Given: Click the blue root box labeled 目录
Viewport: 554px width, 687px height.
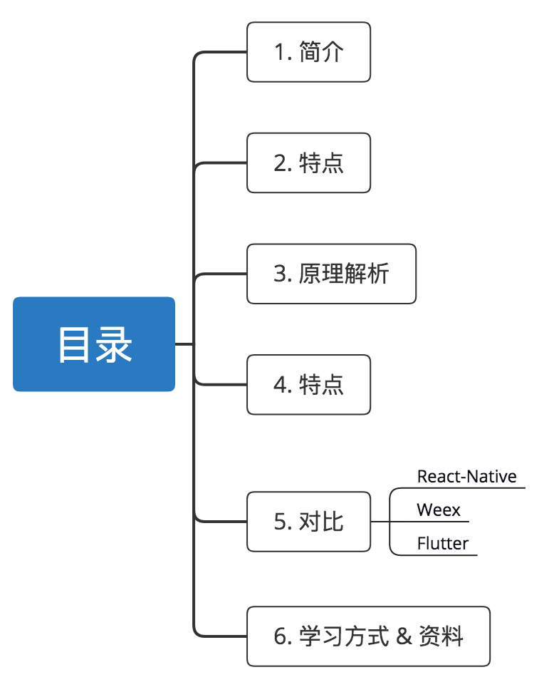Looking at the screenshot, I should tap(94, 344).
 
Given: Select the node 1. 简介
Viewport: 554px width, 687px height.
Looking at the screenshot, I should tap(308, 52).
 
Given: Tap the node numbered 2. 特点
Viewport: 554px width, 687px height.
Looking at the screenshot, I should tap(308, 162).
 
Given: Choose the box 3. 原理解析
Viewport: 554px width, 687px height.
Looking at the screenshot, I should tap(331, 274).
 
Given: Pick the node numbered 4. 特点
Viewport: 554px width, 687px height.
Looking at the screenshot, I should tap(308, 385).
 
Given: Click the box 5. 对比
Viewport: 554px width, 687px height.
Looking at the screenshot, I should tap(308, 522).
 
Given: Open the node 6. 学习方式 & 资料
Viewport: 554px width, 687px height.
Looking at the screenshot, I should tap(368, 636).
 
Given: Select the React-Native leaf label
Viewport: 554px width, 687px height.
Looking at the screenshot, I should tap(466, 476).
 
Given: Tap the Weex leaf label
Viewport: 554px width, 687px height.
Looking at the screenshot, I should tap(439, 510).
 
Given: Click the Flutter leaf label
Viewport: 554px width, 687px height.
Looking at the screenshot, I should tap(442, 544).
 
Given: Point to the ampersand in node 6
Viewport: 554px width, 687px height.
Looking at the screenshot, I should tap(404, 636).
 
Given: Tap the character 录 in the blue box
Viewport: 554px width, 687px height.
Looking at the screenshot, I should tap(114, 345).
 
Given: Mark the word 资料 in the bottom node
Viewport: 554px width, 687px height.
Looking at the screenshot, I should tap(441, 636).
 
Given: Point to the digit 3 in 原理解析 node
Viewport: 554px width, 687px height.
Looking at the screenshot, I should tap(280, 274).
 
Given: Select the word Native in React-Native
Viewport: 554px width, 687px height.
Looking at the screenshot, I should tap(492, 476).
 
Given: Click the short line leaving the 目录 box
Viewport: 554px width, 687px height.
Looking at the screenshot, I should tap(184, 344).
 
